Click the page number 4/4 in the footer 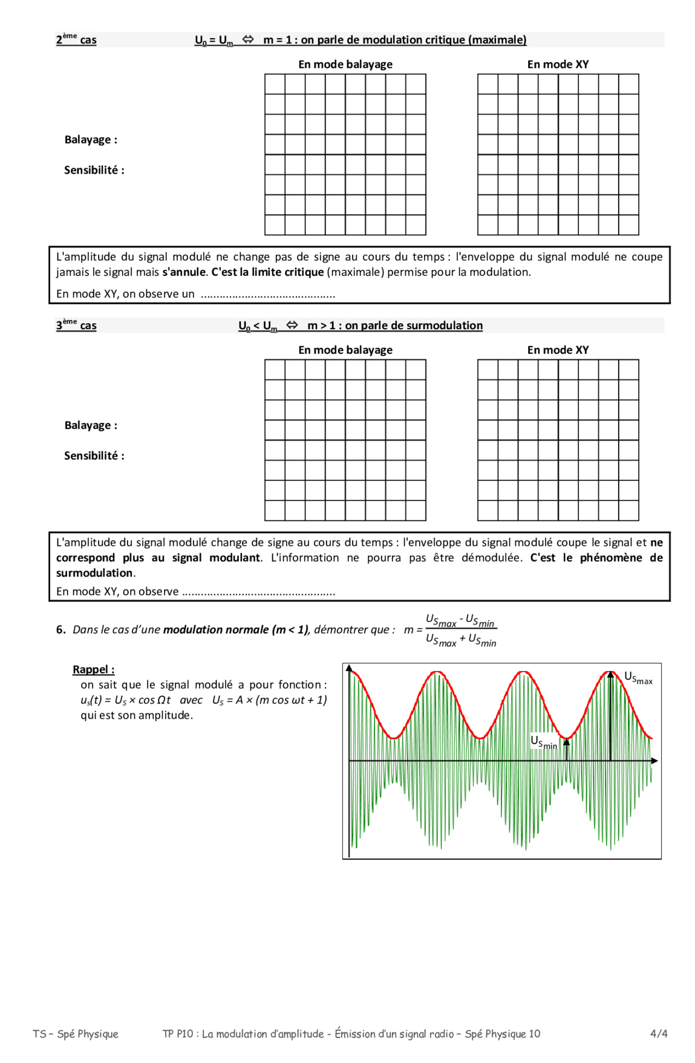(658, 1033)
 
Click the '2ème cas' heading (76, 40)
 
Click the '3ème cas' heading (76, 325)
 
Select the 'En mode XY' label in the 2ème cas (557, 64)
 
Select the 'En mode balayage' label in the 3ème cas (345, 350)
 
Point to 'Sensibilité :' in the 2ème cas (94, 170)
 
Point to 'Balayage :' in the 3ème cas (91, 425)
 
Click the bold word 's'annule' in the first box (183, 272)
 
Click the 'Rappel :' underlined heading (93, 669)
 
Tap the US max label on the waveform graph (638, 678)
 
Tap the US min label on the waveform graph (543, 742)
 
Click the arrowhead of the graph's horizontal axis (654, 760)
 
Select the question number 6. (60, 630)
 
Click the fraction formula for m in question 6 (460, 630)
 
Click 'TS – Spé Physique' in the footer (76, 1033)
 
